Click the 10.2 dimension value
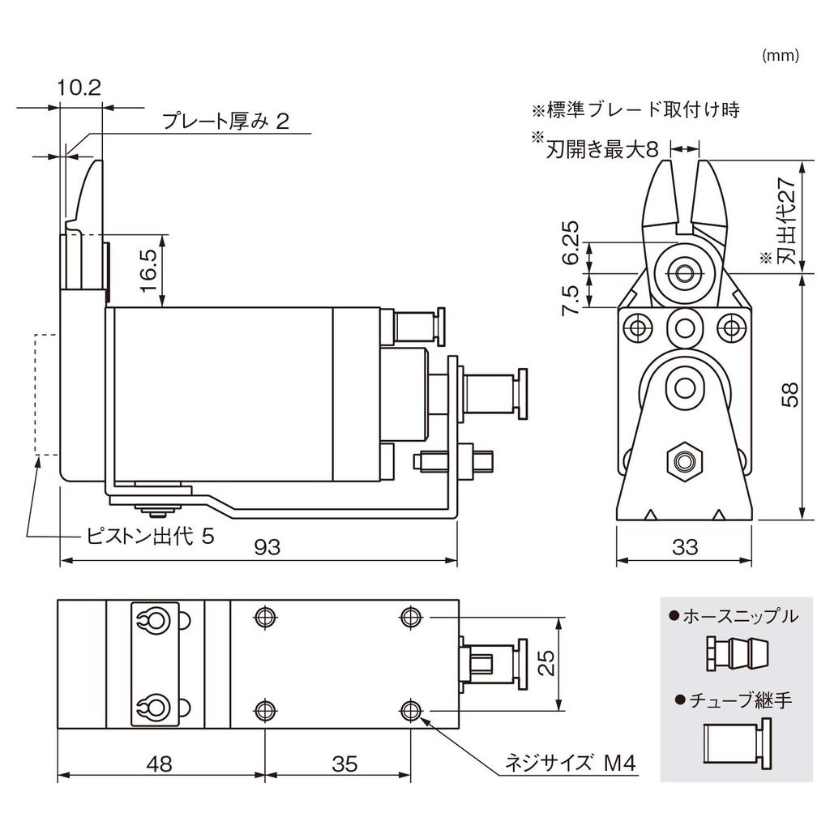click(79, 88)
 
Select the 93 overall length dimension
click(267, 547)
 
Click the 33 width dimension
click(685, 547)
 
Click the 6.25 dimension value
click(571, 243)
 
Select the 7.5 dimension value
click(571, 297)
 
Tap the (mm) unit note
click(781, 56)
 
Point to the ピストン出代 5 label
click(151, 537)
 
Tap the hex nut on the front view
click(685, 463)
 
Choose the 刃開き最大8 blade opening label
click(605, 149)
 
